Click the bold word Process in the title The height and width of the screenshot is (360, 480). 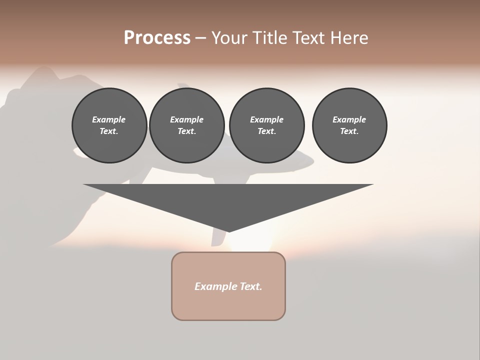click(x=157, y=38)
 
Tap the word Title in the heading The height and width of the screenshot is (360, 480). click(x=272, y=38)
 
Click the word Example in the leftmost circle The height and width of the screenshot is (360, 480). click(x=109, y=119)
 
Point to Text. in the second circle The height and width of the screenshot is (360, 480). click(x=187, y=131)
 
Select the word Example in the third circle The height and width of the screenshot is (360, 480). click(x=266, y=119)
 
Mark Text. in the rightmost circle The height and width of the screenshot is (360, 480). click(x=349, y=131)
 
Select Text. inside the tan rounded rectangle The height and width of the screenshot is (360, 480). click(x=251, y=286)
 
